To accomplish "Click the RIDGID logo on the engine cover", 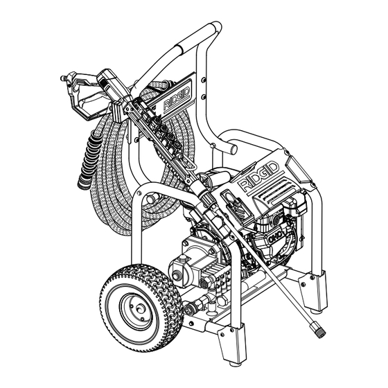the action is tap(259, 177).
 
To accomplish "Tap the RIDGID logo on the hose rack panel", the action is tap(177, 98).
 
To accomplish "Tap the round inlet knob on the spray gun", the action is tap(63, 78).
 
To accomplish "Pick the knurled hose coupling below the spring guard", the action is tap(83, 182).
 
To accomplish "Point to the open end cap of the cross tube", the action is tap(233, 149).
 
